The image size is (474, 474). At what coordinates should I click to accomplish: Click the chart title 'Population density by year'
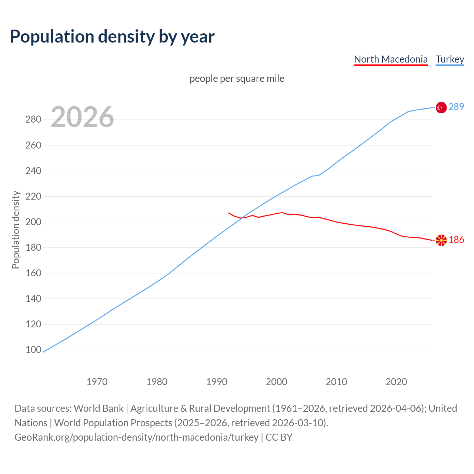coord(112,36)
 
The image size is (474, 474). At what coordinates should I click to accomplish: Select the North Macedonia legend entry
coord(391,59)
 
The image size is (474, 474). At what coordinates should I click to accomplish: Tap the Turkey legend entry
coord(450,59)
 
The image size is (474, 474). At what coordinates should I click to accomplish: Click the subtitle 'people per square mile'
coord(237,79)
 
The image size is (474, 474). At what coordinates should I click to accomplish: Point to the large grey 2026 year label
coord(82,117)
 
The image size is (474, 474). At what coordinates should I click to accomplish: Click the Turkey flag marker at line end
coord(441,107)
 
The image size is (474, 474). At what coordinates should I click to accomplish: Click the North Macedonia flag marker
coord(441,240)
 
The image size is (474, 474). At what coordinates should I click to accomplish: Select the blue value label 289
coord(456,107)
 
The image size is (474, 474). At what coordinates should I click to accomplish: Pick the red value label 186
coord(456,240)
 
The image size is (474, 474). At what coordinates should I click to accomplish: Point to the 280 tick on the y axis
coord(33,119)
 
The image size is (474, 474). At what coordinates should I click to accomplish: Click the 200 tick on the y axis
coord(33,222)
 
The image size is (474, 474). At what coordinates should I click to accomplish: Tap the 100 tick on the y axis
coord(33,350)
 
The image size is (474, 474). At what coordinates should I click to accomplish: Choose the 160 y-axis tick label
coord(33,273)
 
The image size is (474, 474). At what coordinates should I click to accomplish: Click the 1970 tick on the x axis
coord(97,381)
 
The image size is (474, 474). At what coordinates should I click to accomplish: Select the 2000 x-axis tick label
coord(276,381)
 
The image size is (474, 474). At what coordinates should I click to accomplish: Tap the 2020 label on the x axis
coord(396,381)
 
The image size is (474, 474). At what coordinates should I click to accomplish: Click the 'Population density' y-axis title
coord(16,230)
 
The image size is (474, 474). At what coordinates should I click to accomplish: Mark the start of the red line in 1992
coord(229,213)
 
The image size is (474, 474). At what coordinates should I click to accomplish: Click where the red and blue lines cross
coord(241,218)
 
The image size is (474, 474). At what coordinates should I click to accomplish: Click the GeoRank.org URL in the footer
coord(136,437)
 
